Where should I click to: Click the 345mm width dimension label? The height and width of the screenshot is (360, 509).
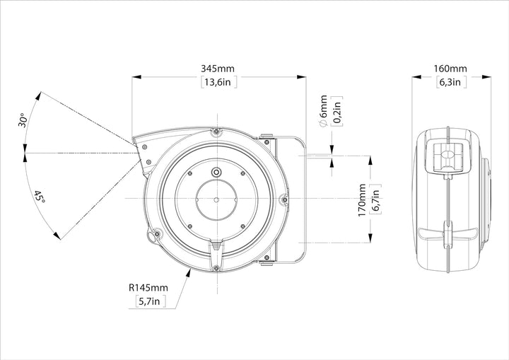(218, 69)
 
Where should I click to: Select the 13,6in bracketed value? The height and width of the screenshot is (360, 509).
(218, 82)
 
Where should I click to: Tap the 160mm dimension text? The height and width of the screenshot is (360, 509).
(450, 69)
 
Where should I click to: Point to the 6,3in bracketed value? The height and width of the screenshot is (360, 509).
(450, 82)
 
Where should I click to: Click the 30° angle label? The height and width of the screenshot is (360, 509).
(23, 120)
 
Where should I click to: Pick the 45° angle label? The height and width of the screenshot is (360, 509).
(40, 197)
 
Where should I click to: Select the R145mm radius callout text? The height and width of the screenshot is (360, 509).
(148, 288)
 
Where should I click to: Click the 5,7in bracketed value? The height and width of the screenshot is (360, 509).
(150, 301)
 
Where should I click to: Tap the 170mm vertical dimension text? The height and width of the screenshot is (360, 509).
(362, 200)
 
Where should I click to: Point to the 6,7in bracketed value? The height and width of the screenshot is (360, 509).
(375, 200)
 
